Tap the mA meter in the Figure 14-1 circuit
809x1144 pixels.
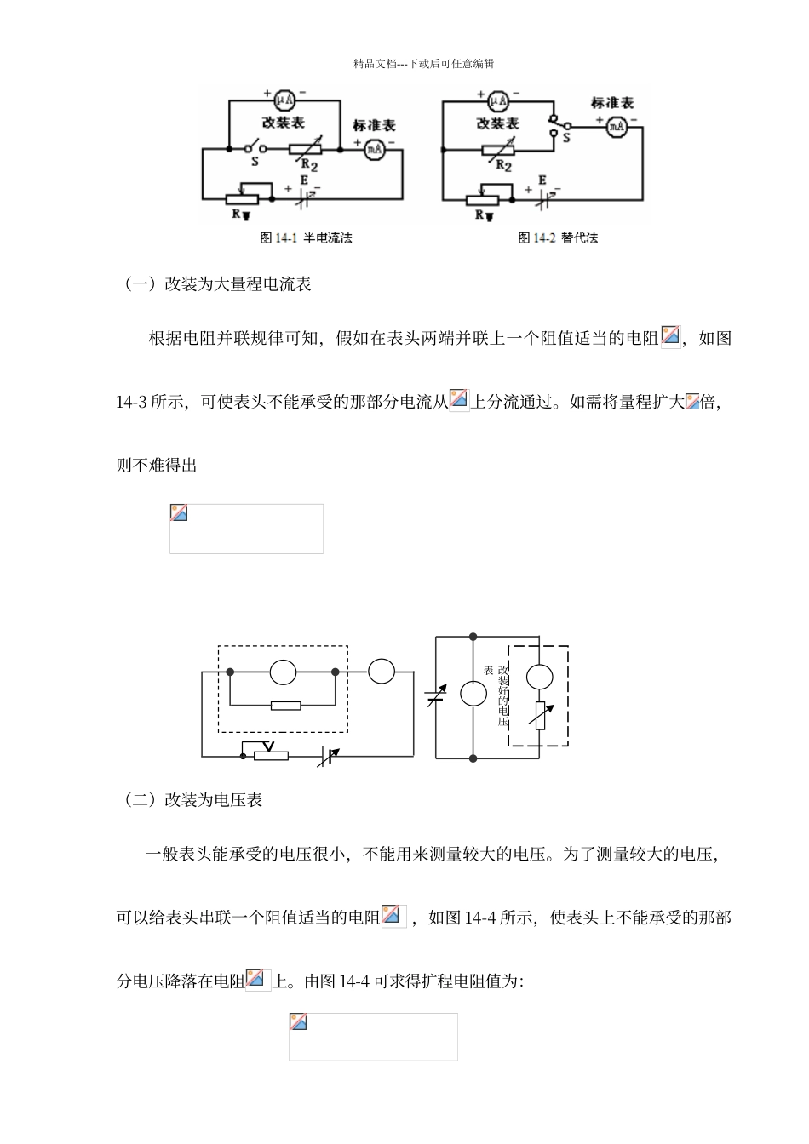[374, 150]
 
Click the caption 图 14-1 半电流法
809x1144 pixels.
[306, 238]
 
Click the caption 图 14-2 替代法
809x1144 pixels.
[558, 238]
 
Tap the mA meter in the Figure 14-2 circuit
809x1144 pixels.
[616, 126]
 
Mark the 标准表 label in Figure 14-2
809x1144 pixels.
[612, 103]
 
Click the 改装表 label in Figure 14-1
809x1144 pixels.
[284, 123]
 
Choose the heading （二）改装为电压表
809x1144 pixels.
[192, 800]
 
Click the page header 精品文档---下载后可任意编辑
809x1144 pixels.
[424, 64]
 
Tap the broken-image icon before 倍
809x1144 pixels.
[692, 401]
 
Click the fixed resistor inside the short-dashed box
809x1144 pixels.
[284, 705]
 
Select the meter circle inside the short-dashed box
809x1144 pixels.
[283, 672]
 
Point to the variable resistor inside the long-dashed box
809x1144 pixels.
[539, 716]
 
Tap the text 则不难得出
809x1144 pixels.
[157, 466]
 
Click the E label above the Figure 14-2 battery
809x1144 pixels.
[542, 180]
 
